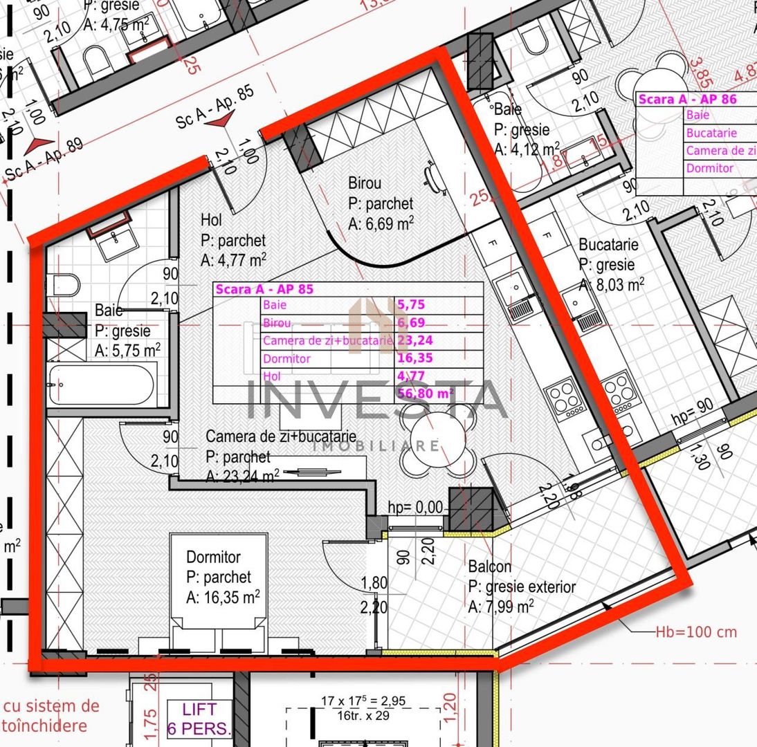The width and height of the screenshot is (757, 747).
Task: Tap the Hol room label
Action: click(211, 221)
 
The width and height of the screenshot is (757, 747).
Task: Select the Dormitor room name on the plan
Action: click(213, 557)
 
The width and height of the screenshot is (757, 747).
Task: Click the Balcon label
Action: click(490, 567)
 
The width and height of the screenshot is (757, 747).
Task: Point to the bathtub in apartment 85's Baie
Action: click(102, 385)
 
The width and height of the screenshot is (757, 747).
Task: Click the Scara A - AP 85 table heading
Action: click(265, 290)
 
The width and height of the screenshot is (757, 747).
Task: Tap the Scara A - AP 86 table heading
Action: click(687, 100)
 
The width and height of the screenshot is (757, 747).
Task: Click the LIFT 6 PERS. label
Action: click(199, 718)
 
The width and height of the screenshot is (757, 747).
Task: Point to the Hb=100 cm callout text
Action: click(695, 632)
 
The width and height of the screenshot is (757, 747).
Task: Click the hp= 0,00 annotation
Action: click(415, 507)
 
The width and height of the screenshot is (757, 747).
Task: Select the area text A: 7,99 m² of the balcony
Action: click(500, 607)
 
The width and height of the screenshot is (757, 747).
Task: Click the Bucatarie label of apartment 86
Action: click(608, 245)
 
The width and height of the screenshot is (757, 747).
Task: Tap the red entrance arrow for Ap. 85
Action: click(221, 121)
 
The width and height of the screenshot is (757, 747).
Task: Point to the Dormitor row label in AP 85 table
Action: click(286, 359)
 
